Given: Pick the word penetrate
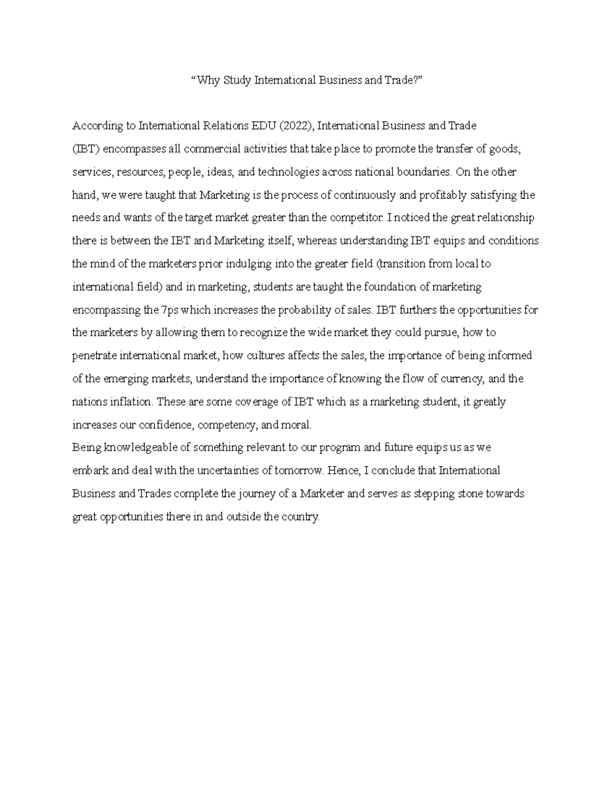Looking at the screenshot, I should pos(92,356).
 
